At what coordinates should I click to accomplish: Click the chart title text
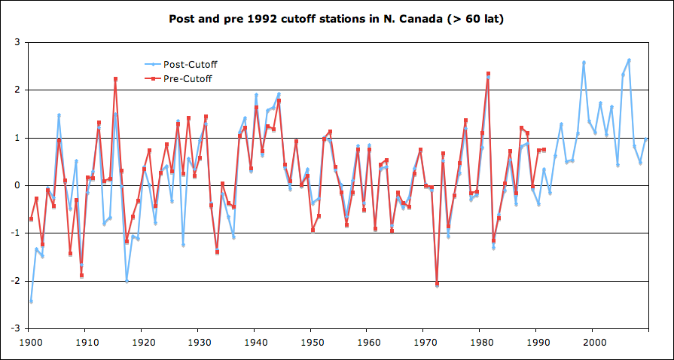point(336,18)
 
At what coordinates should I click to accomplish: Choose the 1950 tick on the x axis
point(311,343)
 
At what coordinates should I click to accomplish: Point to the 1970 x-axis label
point(424,343)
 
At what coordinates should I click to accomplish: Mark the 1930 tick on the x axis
point(198,343)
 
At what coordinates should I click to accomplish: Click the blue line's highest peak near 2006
point(629,59)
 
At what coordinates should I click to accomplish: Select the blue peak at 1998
point(584,62)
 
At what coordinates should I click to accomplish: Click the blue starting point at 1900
point(30,301)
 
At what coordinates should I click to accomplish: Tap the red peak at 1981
point(488,74)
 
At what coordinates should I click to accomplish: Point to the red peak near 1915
point(115,78)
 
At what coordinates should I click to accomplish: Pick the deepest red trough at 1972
point(437,284)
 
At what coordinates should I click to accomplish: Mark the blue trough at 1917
point(127,281)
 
